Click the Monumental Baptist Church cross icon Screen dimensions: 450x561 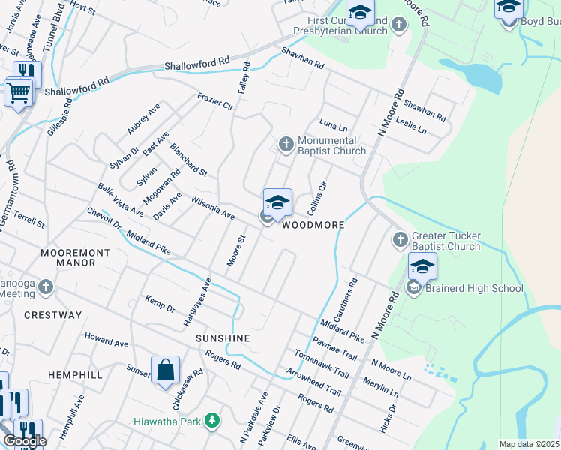[286, 144]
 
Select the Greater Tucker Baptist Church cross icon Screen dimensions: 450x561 [400, 240]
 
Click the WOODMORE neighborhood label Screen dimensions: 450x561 [313, 225]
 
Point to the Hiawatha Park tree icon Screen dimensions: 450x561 [213, 421]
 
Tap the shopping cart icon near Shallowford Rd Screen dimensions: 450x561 [18, 93]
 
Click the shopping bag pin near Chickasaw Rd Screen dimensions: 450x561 [165, 370]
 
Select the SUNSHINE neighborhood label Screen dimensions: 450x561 [223, 338]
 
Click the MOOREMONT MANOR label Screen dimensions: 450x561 [69, 257]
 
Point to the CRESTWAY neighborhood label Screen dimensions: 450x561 [52, 315]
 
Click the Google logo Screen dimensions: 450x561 [25, 441]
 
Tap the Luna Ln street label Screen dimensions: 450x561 [334, 124]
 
